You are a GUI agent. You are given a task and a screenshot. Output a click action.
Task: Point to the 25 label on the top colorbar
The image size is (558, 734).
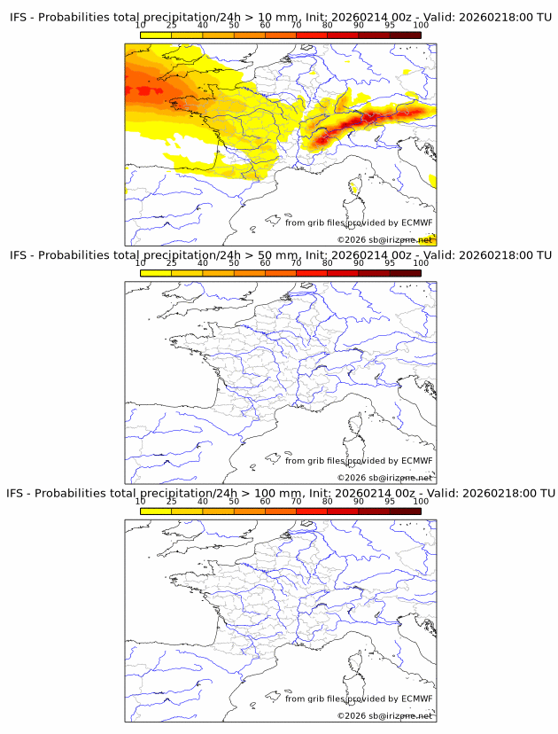point(172,26)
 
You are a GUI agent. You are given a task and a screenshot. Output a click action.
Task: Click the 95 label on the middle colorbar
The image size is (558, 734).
point(390,263)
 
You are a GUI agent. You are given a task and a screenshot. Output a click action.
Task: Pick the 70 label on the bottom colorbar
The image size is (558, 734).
point(297,501)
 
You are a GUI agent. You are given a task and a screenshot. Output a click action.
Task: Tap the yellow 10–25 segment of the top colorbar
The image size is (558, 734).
point(156,35)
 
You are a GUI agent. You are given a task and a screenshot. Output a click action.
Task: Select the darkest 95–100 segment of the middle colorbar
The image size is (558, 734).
point(406,272)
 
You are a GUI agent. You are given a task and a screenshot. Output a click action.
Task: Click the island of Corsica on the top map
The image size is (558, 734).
point(355,187)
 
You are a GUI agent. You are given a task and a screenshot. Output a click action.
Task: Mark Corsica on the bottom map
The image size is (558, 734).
point(355,661)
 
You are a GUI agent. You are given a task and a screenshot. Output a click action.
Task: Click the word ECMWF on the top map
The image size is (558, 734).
point(416,223)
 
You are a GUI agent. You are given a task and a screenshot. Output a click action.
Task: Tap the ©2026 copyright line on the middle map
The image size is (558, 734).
point(384,477)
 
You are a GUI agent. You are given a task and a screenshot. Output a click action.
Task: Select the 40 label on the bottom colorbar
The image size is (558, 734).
point(203,501)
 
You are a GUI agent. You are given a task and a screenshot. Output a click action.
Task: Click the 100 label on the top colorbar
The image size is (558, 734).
point(421,26)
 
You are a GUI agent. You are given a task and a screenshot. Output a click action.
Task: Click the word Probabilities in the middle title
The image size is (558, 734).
point(80,255)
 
